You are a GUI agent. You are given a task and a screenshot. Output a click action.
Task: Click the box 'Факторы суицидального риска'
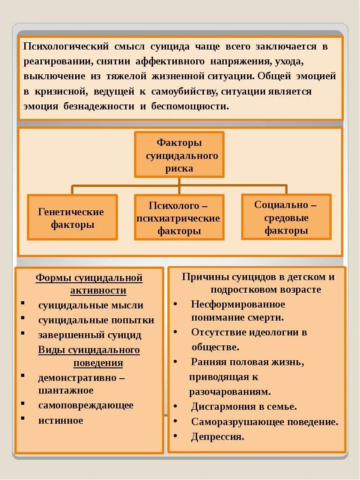pos(179,155)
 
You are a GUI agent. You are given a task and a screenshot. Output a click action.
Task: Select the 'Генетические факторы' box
pos(72,217)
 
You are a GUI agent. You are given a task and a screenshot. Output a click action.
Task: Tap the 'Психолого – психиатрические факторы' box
pos(179,218)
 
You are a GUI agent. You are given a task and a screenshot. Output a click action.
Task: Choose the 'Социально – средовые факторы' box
pos(286,217)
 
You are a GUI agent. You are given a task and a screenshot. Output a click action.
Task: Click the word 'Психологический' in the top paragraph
pos(66,46)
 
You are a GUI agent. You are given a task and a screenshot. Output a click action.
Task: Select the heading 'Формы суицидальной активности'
pos(89,284)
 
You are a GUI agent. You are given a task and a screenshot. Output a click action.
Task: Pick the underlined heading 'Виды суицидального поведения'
pos(89,356)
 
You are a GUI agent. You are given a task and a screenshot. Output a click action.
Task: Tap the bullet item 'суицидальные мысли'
pos(90,305)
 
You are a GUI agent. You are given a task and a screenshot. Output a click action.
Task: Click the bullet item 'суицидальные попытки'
pos(96,320)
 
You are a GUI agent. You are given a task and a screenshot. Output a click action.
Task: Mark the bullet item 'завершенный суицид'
pos(90,335)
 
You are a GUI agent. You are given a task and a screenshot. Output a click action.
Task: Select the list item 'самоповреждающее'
pos(85,405)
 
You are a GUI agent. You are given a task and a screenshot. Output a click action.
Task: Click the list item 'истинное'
pos(61,420)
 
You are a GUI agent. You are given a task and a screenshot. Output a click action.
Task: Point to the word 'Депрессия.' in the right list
pos(217,436)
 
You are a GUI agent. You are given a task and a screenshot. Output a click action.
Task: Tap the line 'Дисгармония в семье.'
pos(244,407)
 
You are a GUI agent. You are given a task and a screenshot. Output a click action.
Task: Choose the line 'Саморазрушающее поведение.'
pos(265,422)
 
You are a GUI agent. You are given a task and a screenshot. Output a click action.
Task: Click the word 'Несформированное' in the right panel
pos(238,304)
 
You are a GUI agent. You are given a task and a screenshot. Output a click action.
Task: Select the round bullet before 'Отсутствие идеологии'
pos(175,332)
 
